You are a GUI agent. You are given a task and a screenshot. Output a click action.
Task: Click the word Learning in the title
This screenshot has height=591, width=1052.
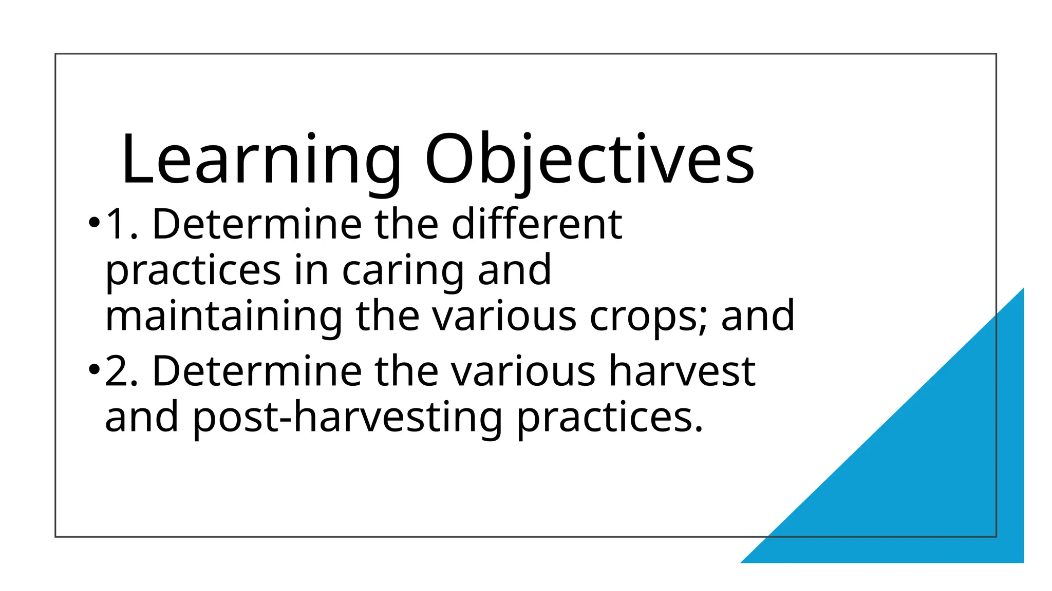(x=261, y=160)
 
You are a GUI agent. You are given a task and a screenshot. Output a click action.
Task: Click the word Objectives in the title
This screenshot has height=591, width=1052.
(x=589, y=160)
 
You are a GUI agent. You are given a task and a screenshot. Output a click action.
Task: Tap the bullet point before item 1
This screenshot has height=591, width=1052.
(x=93, y=223)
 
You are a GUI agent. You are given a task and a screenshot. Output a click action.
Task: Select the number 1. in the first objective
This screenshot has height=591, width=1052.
(x=121, y=224)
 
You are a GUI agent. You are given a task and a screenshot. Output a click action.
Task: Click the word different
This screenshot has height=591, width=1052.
(x=537, y=224)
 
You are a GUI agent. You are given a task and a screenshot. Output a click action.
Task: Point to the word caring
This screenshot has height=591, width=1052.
(x=403, y=270)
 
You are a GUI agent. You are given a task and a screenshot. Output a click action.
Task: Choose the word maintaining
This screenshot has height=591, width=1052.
(x=223, y=317)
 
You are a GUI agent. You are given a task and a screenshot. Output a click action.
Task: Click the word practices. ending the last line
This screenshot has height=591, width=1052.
(x=610, y=417)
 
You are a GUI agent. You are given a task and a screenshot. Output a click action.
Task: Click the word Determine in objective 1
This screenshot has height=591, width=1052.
(x=257, y=224)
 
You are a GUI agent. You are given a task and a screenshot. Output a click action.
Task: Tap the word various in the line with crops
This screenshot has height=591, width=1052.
(x=504, y=317)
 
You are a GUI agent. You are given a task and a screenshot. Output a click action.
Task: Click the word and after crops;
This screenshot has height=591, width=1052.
(x=758, y=317)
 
